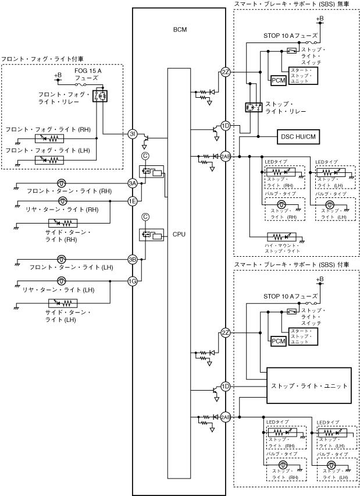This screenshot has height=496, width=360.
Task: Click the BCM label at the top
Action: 180,29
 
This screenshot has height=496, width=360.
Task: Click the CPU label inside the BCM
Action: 179,235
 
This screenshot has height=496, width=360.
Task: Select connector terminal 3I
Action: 133,134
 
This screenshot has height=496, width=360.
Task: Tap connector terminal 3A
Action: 133,183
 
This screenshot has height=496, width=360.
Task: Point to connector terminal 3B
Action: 133,259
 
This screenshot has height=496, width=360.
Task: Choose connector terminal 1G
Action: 133,281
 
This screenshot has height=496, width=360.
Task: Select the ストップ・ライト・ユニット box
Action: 309,385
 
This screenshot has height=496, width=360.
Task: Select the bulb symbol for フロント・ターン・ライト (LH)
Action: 62,259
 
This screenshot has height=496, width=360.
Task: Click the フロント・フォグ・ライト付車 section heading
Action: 42,59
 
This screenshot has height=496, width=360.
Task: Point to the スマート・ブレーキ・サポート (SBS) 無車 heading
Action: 291,5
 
